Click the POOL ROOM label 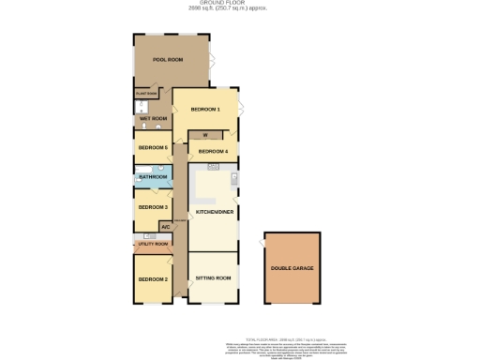(168, 60)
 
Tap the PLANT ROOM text (147, 94)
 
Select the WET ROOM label (153, 119)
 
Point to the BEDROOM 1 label (205, 110)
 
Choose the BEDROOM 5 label (153, 148)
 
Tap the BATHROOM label (153, 177)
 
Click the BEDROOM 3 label (153, 207)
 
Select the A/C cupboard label (165, 227)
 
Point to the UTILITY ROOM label (153, 244)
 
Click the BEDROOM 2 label (153, 279)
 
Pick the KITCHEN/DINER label (214, 213)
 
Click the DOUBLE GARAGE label (292, 269)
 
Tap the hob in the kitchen (213, 167)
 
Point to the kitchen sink (234, 178)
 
